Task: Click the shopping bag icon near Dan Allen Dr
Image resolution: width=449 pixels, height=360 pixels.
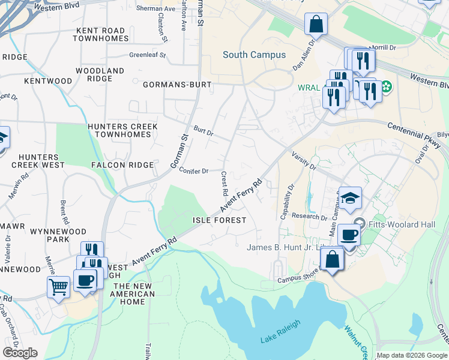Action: [316, 25]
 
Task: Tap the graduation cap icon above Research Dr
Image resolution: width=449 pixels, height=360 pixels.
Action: [350, 197]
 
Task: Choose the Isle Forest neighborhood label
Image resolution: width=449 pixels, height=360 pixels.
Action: [219, 220]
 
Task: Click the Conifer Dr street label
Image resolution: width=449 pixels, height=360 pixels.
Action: [193, 171]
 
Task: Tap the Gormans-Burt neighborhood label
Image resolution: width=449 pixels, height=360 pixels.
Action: [177, 85]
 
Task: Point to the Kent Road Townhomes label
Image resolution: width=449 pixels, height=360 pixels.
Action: [101, 34]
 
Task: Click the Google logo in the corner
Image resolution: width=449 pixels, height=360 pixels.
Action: [20, 353]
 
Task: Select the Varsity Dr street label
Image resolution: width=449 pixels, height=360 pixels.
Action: [304, 160]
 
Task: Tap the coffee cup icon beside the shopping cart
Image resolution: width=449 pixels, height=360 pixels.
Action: [85, 280]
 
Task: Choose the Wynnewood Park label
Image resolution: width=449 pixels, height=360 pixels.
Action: [58, 235]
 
